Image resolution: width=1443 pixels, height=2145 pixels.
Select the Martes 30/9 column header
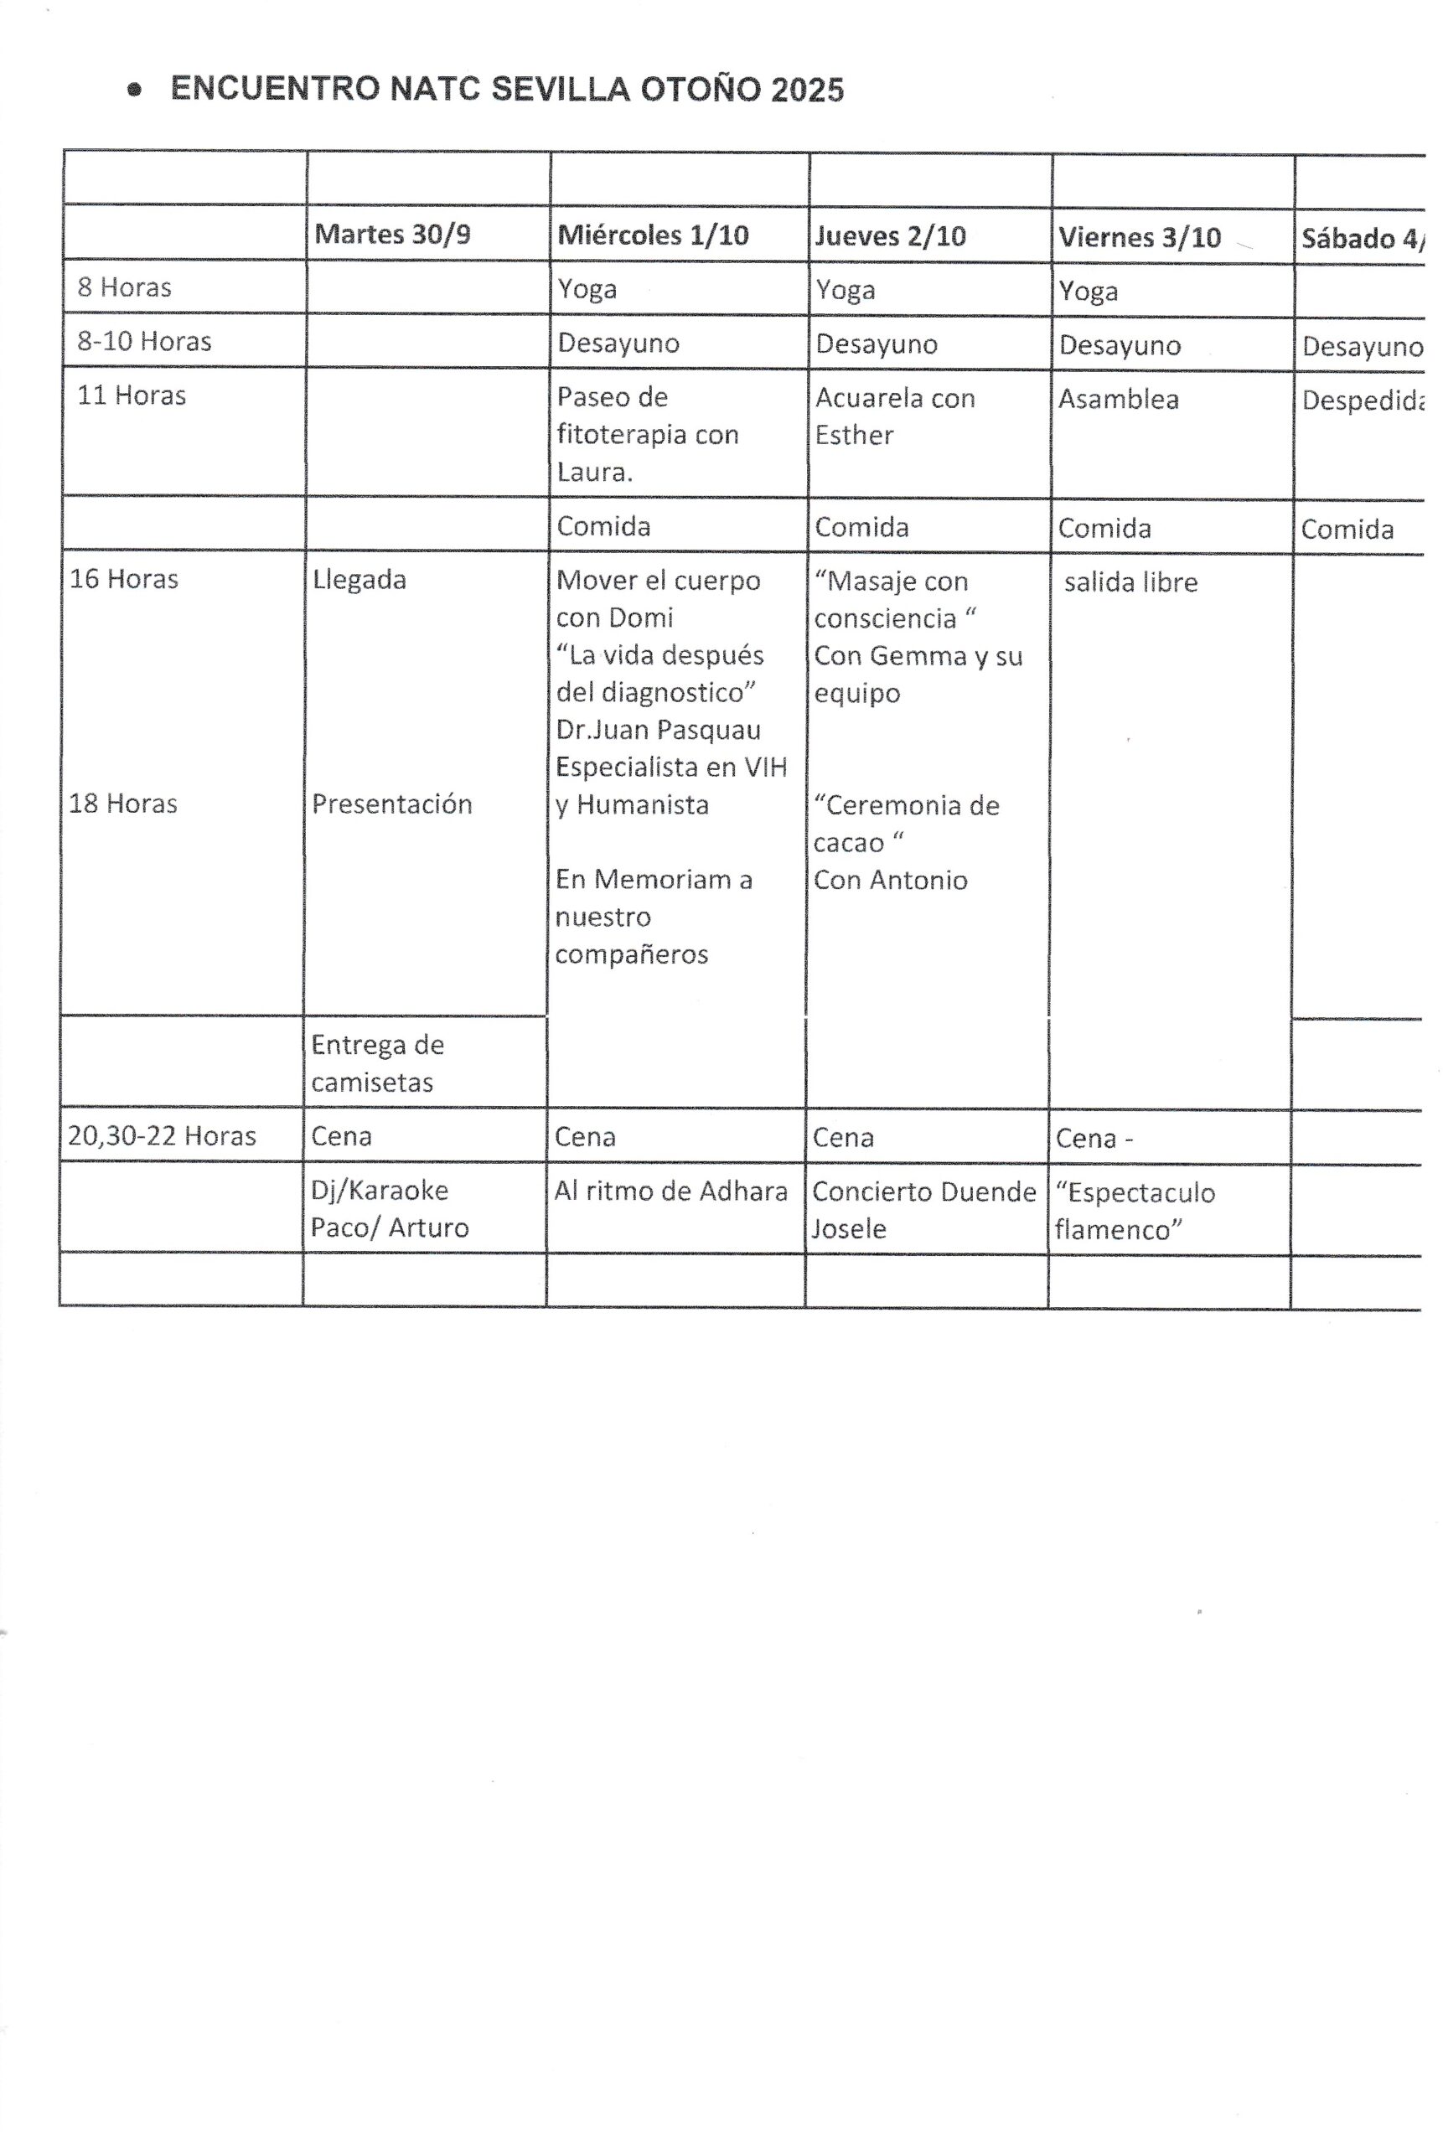392,234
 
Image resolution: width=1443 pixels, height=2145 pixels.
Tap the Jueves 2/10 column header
890,236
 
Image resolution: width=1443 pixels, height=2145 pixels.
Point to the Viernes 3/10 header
1140,237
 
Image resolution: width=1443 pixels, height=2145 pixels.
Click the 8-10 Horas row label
144,341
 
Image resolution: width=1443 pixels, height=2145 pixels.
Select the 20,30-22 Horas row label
162,1136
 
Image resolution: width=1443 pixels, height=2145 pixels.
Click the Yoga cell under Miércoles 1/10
587,289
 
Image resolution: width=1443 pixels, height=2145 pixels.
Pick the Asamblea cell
1118,400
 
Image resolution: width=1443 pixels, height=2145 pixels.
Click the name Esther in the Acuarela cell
854,434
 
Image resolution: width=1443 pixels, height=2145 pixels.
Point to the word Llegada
359,580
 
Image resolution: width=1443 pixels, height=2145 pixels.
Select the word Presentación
392,804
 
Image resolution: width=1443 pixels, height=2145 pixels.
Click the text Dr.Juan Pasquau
658,730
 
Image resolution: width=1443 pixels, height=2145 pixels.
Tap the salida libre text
1131,582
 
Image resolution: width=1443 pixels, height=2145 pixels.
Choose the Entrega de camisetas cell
377,1062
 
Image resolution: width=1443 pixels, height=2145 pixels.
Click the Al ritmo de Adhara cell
671,1191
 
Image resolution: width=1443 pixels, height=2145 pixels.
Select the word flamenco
1118,1229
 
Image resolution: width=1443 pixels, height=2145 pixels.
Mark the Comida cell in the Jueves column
861,527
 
